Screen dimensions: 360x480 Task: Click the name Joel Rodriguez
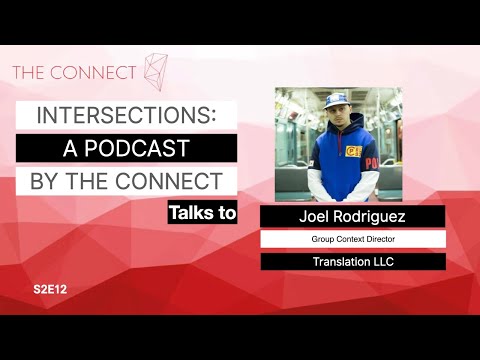click(353, 217)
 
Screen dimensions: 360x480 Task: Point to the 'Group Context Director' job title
click(353, 240)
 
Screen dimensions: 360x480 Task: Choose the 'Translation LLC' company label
click(353, 262)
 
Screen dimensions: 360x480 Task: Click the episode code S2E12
click(50, 288)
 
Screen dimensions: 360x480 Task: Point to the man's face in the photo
click(335, 118)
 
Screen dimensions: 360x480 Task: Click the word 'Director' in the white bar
click(385, 240)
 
